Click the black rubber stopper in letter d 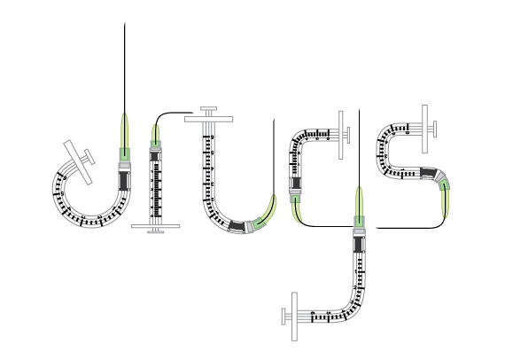click(x=124, y=181)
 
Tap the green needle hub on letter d click(x=125, y=154)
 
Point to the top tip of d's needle click(x=125, y=23)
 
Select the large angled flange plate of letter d click(x=78, y=162)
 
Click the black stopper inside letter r click(x=155, y=156)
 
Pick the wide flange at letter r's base click(x=156, y=226)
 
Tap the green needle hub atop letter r click(x=156, y=144)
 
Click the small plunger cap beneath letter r click(x=156, y=231)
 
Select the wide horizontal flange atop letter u click(x=209, y=119)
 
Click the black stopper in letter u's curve click(x=237, y=226)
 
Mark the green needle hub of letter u click(x=259, y=223)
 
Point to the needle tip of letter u click(x=274, y=119)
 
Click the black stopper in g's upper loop click(x=296, y=183)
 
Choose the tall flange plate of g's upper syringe click(x=341, y=135)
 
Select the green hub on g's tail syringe click(x=359, y=222)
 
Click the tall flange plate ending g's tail click(x=294, y=317)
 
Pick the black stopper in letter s click(x=428, y=173)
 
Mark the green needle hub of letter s click(x=445, y=185)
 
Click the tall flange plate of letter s click(x=424, y=129)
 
